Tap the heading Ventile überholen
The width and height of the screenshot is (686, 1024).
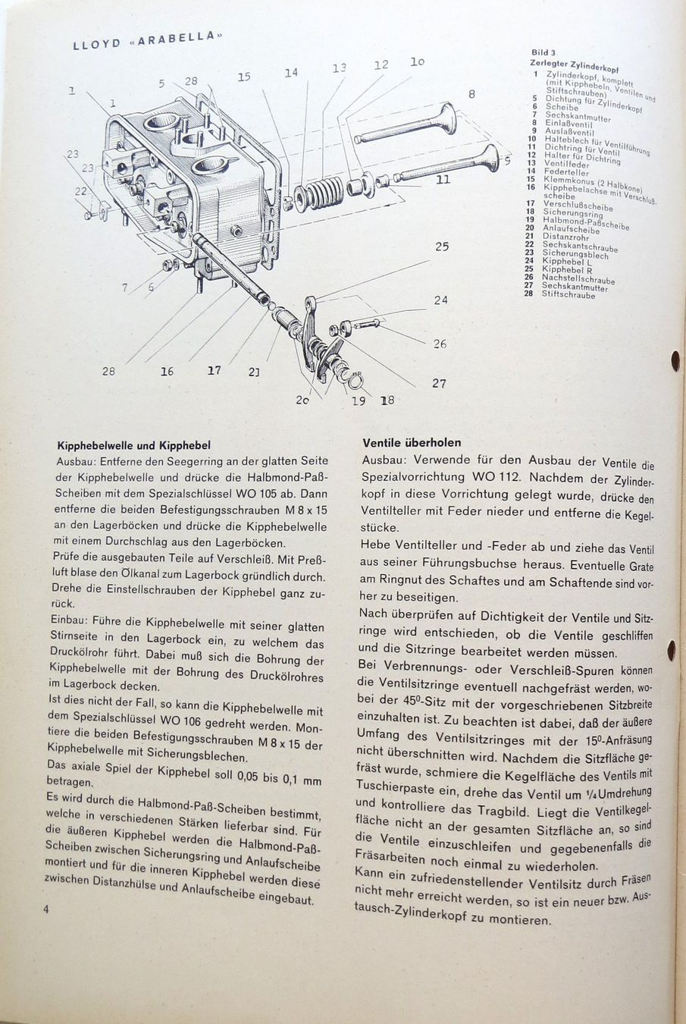pyautogui.click(x=412, y=442)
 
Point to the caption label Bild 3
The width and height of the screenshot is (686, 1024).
pyautogui.click(x=543, y=53)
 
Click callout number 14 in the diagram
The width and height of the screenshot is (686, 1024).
pyautogui.click(x=291, y=73)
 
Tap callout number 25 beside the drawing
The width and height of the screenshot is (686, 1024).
pyautogui.click(x=441, y=247)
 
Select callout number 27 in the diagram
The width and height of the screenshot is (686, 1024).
pyautogui.click(x=439, y=383)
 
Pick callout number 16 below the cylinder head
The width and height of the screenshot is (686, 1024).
pyautogui.click(x=167, y=371)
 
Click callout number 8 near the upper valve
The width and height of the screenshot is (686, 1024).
pyautogui.click(x=471, y=94)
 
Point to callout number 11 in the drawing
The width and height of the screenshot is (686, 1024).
pyautogui.click(x=443, y=180)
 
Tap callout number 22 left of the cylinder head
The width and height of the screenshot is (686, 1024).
pyautogui.click(x=81, y=192)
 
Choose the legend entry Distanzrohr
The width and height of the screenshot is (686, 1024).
pyautogui.click(x=565, y=237)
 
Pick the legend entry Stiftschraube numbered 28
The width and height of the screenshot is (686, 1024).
pyautogui.click(x=568, y=294)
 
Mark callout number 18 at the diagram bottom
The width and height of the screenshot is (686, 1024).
pyautogui.click(x=388, y=400)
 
